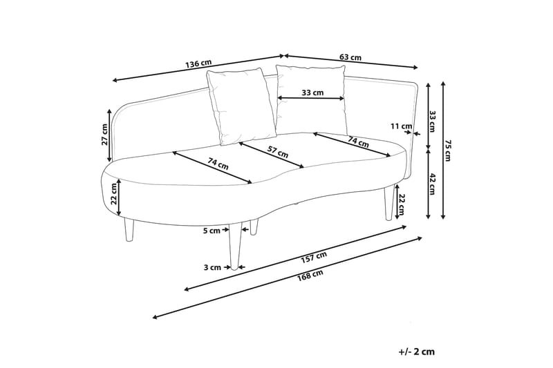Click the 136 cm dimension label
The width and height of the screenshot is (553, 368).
(198, 64)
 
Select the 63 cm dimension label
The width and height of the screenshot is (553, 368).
(350, 57)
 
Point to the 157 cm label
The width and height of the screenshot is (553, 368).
(314, 258)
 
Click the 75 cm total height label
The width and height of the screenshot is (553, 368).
(447, 151)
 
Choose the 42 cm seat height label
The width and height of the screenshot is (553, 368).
(433, 184)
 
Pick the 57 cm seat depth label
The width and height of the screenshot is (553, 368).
(277, 153)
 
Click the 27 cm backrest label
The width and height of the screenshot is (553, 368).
(104, 135)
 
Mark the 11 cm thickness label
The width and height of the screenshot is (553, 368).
(402, 126)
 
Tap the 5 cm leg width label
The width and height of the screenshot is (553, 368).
(212, 231)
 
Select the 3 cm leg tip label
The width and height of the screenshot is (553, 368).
(213, 268)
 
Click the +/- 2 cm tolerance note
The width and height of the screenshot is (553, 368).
(417, 351)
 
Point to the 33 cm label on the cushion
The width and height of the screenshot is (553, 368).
(312, 93)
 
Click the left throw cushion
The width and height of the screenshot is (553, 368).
(241, 106)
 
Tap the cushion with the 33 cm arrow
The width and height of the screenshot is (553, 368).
(310, 99)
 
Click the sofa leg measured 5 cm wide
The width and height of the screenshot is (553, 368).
(234, 246)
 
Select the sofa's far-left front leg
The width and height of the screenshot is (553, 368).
(129, 229)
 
